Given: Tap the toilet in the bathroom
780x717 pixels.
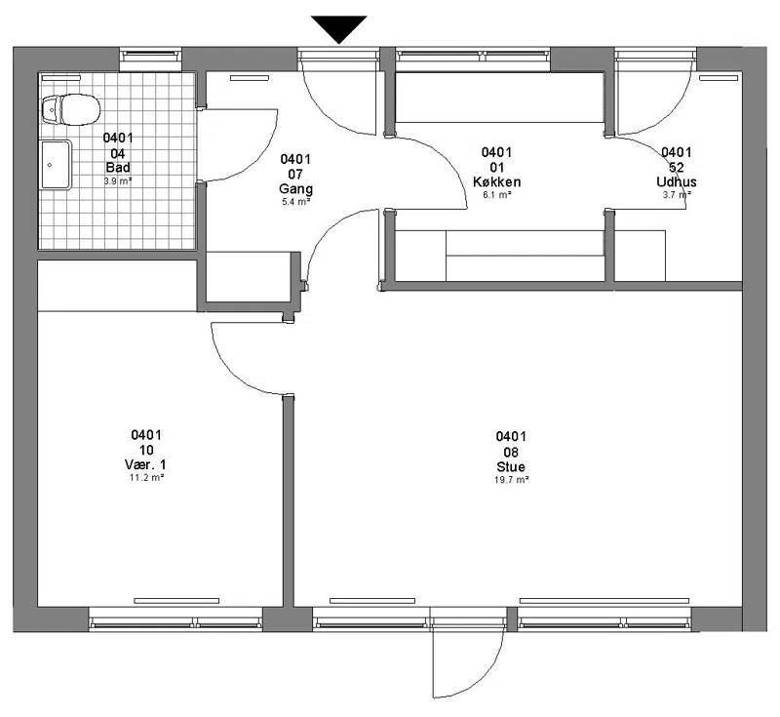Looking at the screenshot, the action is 70,109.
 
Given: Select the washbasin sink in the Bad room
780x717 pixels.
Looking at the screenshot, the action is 56,165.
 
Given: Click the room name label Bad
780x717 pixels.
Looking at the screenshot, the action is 118,167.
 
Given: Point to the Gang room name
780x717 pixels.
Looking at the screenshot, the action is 295,188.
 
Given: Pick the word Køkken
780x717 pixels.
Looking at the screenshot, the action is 496,181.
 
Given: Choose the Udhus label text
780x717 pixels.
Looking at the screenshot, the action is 676,181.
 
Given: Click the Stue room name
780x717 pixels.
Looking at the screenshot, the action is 510,466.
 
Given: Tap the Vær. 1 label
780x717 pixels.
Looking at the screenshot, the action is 145,464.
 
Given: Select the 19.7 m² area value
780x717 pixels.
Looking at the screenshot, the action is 511,480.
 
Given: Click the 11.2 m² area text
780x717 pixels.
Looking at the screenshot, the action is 145,478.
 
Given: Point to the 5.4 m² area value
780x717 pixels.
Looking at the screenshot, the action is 295,202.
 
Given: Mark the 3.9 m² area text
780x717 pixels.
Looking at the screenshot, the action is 118,181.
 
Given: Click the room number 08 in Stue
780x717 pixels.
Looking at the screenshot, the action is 511,452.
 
